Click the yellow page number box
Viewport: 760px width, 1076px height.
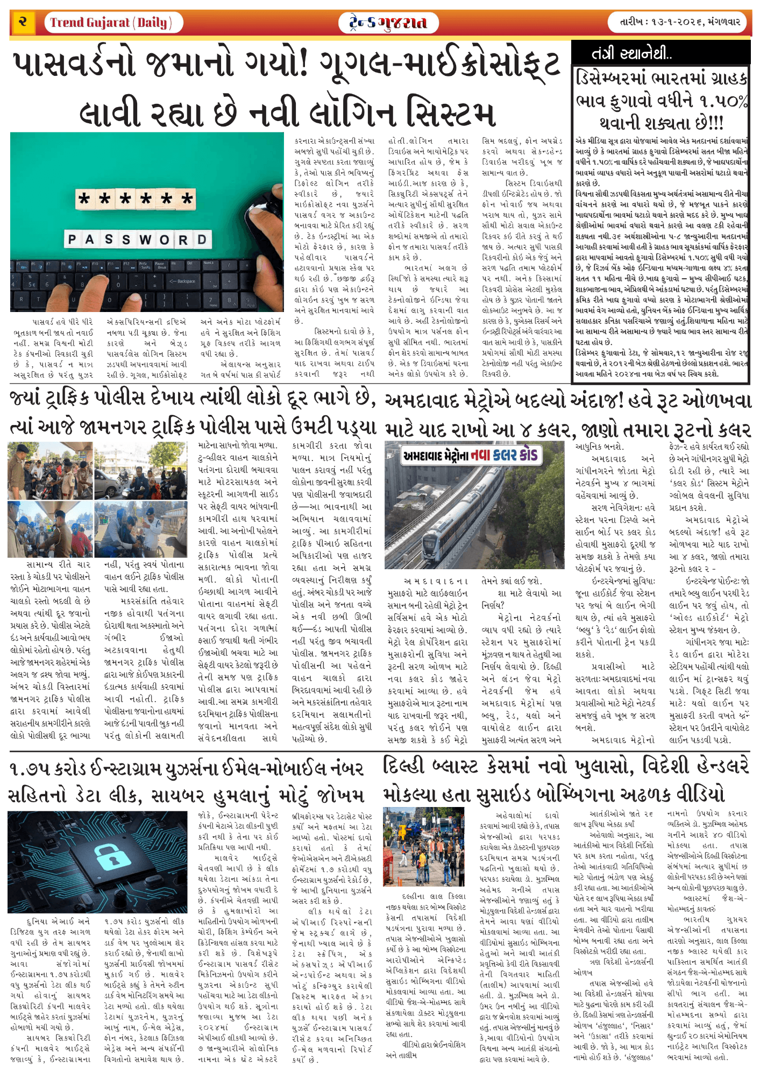(x=23, y=22)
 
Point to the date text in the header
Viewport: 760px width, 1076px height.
(x=680, y=23)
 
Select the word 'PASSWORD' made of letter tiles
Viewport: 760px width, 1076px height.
(x=137, y=239)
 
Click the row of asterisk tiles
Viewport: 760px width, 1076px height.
(x=135, y=199)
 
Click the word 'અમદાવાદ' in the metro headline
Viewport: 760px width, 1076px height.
(x=424, y=401)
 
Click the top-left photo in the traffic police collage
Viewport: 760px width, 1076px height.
(x=50, y=471)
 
